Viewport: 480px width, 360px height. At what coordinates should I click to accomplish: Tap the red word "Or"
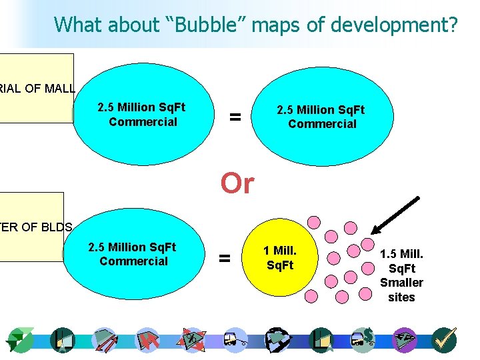tap(237, 183)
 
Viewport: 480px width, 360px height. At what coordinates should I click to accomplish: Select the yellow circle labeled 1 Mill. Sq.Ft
tap(279, 258)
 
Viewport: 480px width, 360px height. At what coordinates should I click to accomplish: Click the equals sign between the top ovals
tap(235, 117)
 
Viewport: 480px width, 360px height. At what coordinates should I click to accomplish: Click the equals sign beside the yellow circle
tap(225, 257)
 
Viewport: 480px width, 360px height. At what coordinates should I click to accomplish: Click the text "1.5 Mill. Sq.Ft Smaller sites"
tap(401, 275)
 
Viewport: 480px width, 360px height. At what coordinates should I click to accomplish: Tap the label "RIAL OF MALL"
tap(37, 88)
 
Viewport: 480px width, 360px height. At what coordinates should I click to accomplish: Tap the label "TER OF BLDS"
tap(36, 227)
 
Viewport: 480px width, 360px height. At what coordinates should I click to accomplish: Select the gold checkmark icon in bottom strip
tap(443, 340)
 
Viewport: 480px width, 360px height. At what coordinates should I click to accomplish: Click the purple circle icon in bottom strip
tap(404, 340)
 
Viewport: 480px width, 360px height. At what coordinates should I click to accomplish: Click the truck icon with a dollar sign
tap(364, 340)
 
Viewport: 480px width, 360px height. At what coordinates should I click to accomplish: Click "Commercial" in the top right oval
tap(322, 124)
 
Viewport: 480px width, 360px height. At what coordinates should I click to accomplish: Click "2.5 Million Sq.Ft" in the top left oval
tap(141, 107)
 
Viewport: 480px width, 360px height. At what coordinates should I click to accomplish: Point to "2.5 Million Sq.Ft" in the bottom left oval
tap(132, 247)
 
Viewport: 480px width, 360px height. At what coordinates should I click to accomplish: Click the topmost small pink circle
tap(313, 221)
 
